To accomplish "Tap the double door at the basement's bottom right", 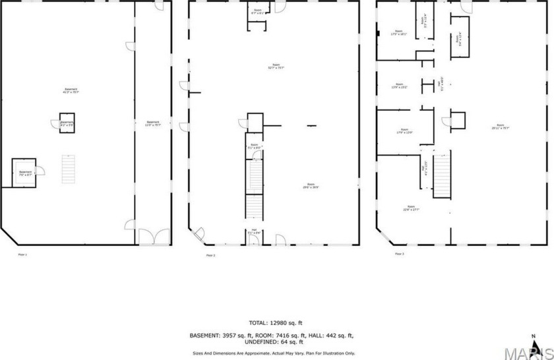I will [154, 237].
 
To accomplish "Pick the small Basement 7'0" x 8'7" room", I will [25, 173].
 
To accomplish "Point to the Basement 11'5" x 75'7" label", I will [153, 123].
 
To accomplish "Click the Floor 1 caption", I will [22, 254].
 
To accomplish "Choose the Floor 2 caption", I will [210, 255].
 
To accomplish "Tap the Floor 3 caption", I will [399, 254].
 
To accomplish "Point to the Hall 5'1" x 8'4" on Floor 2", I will [254, 231].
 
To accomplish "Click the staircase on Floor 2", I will [255, 191].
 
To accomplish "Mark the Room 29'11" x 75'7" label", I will [500, 127].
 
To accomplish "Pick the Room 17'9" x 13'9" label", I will [404, 131].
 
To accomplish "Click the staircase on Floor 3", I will [441, 175].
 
